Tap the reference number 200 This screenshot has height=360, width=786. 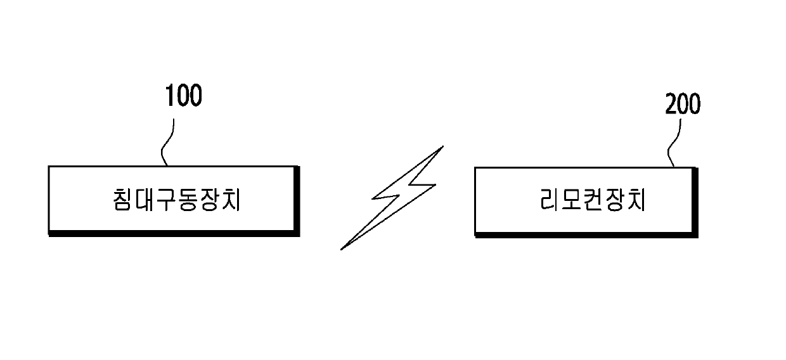pyautogui.click(x=683, y=105)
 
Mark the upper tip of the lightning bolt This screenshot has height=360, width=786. pyautogui.click(x=441, y=148)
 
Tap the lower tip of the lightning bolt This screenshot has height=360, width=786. pyautogui.click(x=342, y=248)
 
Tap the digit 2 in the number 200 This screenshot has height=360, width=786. pyautogui.click(x=671, y=105)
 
